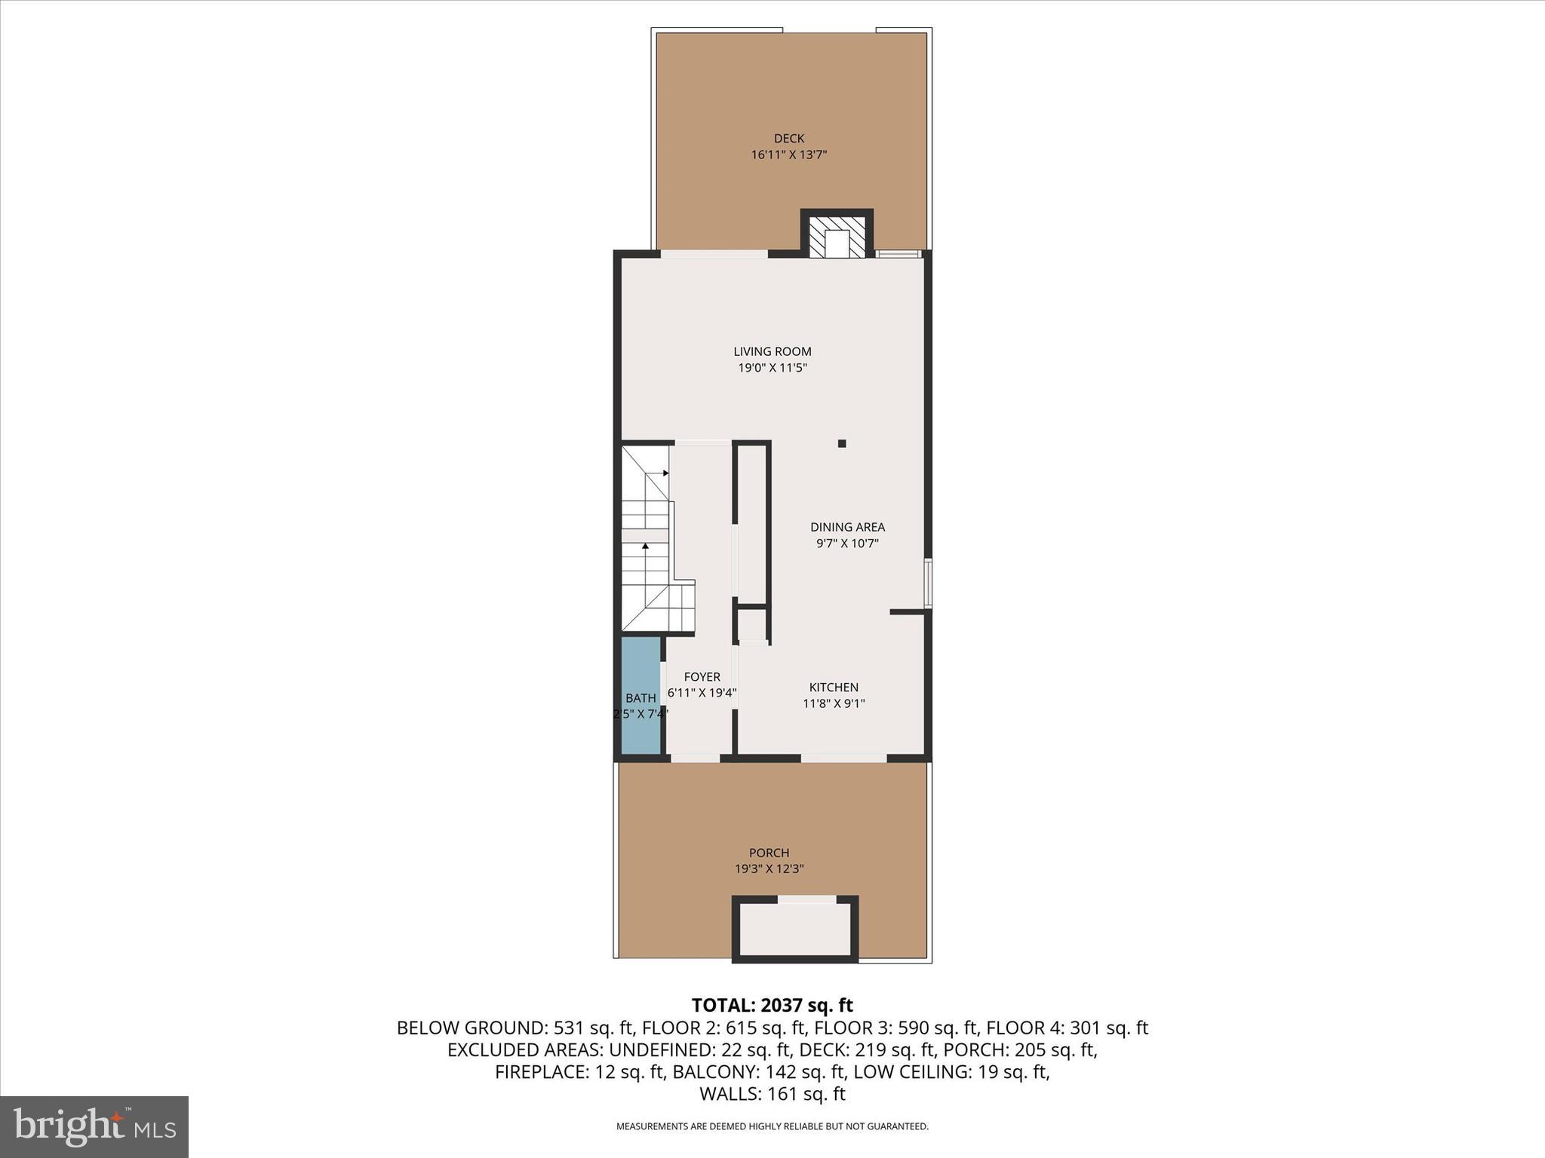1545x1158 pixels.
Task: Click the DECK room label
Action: tap(788, 138)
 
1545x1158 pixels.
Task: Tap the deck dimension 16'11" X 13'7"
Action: tap(788, 155)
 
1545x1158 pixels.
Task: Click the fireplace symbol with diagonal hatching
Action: tap(837, 237)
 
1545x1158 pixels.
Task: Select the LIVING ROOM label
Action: tap(772, 351)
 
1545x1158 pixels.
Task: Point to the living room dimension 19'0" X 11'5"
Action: tap(772, 369)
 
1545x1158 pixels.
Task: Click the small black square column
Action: tap(842, 443)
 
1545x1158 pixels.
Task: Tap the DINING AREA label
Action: tap(847, 527)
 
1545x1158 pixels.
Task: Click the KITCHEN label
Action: tap(834, 688)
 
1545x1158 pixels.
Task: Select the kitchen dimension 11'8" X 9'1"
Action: tap(834, 704)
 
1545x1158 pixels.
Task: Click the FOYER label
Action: tap(702, 677)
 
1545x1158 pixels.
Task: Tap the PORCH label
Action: tap(769, 853)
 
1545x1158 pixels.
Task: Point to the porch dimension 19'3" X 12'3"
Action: tap(769, 869)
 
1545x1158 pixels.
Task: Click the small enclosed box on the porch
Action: tap(794, 930)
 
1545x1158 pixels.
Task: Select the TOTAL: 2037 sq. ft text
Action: tap(772, 1005)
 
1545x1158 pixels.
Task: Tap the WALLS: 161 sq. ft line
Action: tap(772, 1094)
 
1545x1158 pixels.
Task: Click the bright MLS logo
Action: tap(94, 1127)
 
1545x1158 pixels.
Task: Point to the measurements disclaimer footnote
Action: tap(772, 1127)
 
